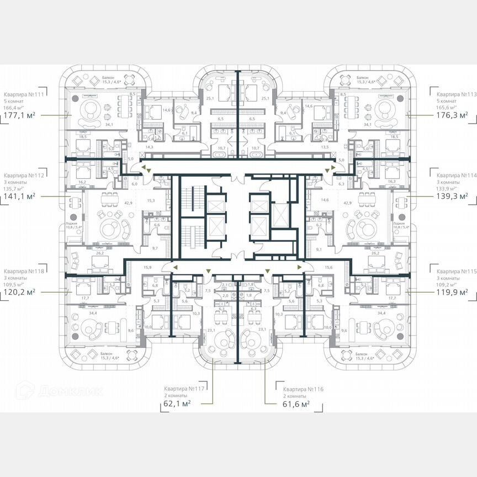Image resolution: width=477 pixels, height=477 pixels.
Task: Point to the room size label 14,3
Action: coord(149,147)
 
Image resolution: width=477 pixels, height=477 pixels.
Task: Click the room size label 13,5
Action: coord(325,147)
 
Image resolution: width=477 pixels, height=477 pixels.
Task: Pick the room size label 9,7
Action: coord(155,248)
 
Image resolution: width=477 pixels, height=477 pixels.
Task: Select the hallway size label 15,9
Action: coord(147,268)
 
